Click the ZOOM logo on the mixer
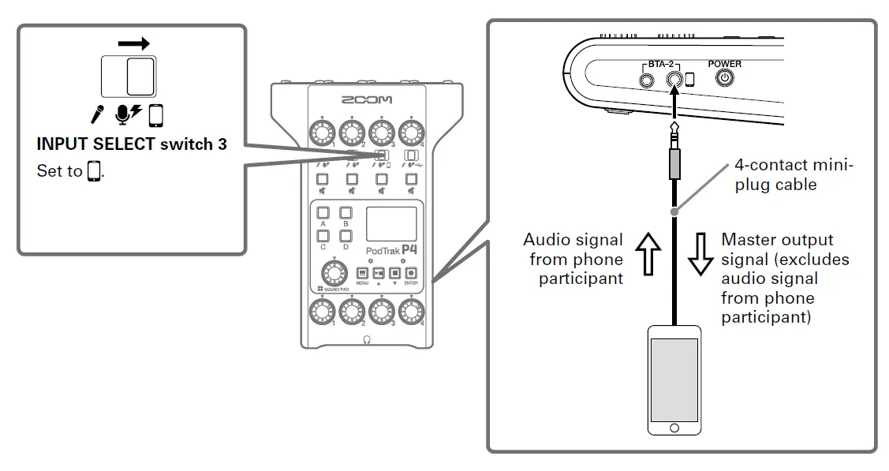pyautogui.click(x=365, y=102)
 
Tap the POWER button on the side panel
pyautogui.click(x=724, y=78)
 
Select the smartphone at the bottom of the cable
pyautogui.click(x=674, y=379)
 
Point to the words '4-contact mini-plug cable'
pyautogui.click(x=794, y=174)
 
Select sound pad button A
pyautogui.click(x=323, y=213)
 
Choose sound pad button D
pyautogui.click(x=346, y=235)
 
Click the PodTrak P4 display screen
pyautogui.click(x=391, y=224)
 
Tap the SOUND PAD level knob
pyautogui.click(x=334, y=273)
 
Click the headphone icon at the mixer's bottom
pyautogui.click(x=366, y=339)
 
